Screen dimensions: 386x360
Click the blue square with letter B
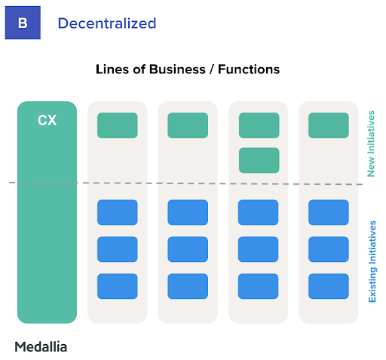point(23,23)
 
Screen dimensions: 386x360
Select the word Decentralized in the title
point(107,23)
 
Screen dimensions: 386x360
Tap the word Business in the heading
point(177,69)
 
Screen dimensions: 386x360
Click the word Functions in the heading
point(249,69)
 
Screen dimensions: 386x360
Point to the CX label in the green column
point(47,120)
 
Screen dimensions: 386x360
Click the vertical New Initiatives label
point(371,143)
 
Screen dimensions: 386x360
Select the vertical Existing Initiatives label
point(372,261)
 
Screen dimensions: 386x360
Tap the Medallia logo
point(41,346)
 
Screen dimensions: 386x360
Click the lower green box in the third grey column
point(259,160)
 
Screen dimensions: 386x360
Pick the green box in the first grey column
point(118,125)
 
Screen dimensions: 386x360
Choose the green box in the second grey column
point(188,125)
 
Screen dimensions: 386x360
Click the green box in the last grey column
point(329,125)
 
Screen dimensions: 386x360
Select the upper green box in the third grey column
point(259,125)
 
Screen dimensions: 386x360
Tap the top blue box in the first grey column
point(118,212)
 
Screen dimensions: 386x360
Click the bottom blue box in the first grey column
point(118,286)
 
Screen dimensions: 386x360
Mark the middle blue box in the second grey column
point(188,249)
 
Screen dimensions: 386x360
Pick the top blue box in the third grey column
point(258,212)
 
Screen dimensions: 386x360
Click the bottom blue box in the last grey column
point(329,286)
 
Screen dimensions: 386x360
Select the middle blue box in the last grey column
point(329,249)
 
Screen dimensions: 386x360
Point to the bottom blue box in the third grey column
point(258,286)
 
